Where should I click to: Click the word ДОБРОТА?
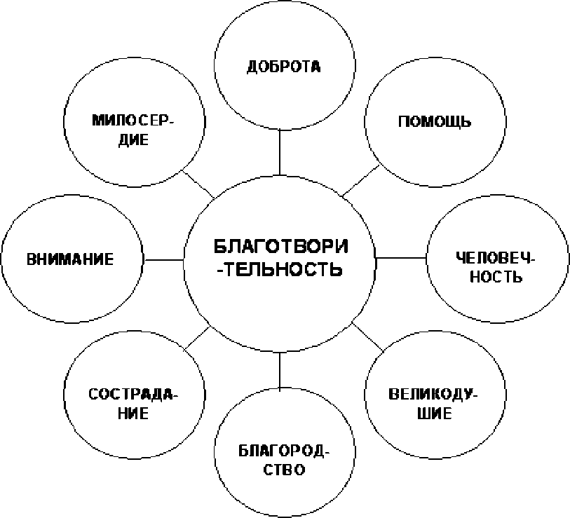(283, 67)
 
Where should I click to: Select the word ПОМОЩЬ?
(435, 121)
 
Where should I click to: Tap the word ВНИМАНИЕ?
(70, 259)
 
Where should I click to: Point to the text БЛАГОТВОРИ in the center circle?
(280, 247)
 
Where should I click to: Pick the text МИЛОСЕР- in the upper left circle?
(133, 121)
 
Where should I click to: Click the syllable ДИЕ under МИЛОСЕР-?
(134, 139)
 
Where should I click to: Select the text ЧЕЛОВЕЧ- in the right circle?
(496, 258)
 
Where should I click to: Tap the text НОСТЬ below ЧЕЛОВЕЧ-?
(496, 277)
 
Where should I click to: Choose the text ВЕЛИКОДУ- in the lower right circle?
(433, 395)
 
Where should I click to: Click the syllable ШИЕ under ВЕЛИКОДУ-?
(435, 414)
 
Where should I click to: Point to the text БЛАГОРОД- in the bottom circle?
(284, 451)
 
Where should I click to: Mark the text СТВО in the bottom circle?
(284, 470)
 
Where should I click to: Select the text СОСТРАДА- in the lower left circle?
(133, 395)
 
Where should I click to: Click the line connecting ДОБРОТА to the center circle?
(280, 152)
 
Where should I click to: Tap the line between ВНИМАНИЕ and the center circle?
(163, 260)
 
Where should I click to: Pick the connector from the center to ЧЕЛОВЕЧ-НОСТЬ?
(400, 258)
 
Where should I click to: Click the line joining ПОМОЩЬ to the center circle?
(360, 181)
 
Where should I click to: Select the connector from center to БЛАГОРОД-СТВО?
(280, 370)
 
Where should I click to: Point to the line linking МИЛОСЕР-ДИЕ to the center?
(198, 184)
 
